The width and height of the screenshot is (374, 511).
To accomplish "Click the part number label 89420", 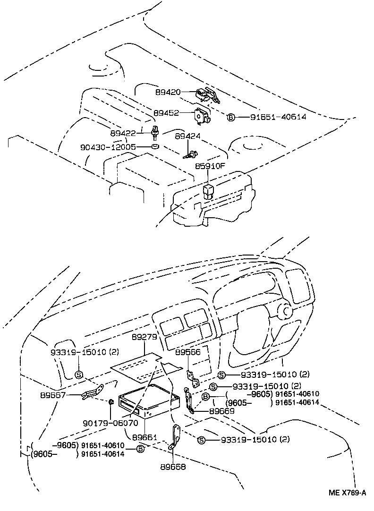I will [168, 92].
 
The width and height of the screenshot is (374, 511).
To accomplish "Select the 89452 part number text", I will [165, 113].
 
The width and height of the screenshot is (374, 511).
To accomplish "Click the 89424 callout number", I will [187, 136].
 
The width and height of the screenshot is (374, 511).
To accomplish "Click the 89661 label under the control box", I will [144, 437].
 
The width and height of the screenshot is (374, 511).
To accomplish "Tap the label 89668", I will [173, 467].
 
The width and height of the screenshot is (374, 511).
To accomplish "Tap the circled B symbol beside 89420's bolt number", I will [230, 117].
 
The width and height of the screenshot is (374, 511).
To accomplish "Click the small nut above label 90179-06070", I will [111, 402].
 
